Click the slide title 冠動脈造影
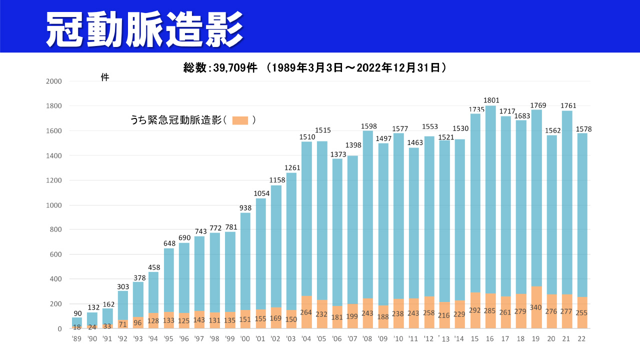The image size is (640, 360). pos(145,28)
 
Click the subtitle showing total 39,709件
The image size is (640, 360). pos(314,67)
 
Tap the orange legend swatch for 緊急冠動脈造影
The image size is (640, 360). pos(240,120)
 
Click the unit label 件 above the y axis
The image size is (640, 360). pos(104,77)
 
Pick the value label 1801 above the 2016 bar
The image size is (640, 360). pos(491,100)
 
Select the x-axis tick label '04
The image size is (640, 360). pos(306,338)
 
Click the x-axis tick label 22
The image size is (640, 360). pos(581,338)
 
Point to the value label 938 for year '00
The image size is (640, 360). pos(245,207)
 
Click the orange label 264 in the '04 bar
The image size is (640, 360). pos(306,312)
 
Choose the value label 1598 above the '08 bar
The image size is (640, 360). pos(368,126)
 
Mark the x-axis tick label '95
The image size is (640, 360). pos(168,338)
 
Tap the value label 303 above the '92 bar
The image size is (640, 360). pos(122,286)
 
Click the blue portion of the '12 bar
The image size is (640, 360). pos(429,210)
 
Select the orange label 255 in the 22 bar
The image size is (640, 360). pos(582,312)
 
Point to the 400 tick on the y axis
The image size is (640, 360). pos(55,279)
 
